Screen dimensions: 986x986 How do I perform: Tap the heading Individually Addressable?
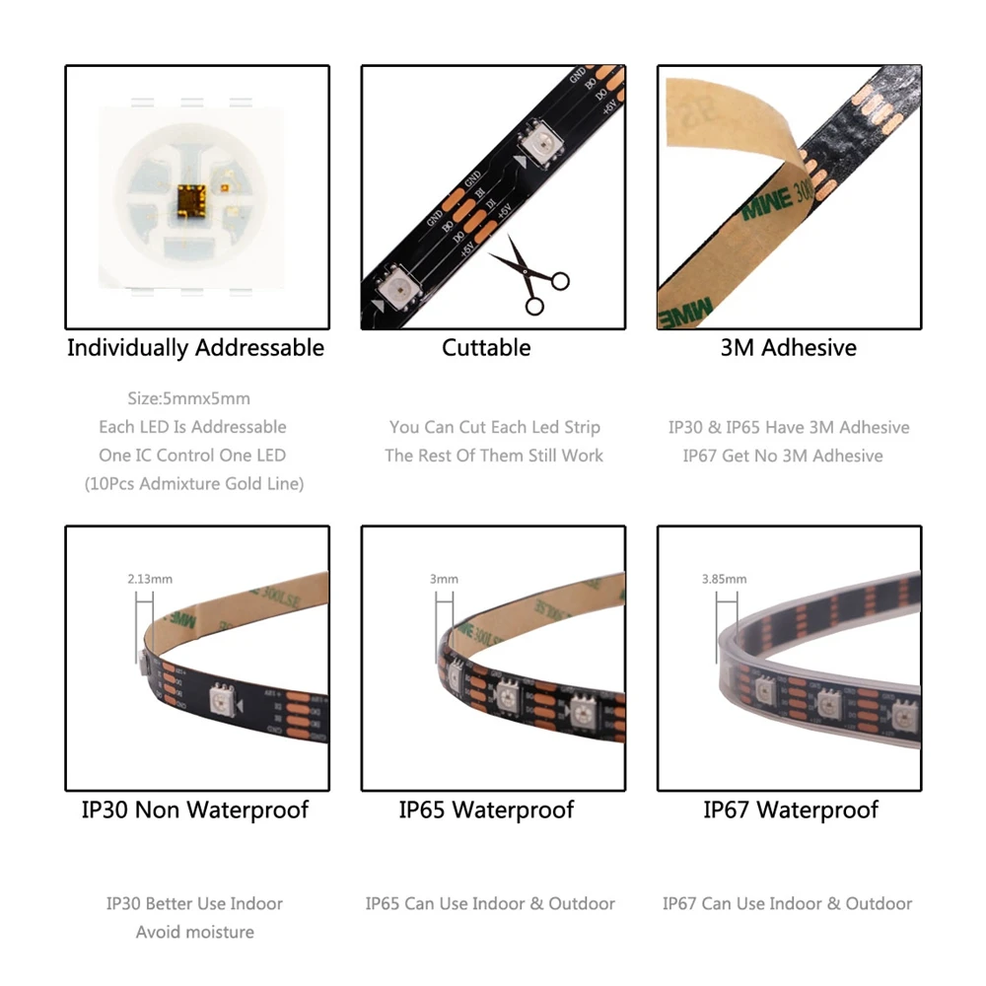tap(195, 348)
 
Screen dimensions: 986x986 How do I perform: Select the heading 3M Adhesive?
tap(789, 348)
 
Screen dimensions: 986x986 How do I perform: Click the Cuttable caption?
tap(486, 348)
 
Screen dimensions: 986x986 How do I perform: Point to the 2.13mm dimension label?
tap(150, 580)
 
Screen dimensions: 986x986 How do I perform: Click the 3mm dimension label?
tap(444, 580)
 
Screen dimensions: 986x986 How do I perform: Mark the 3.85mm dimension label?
tap(724, 580)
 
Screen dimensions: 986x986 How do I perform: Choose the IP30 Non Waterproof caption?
tap(195, 810)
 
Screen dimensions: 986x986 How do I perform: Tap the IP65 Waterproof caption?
tap(486, 810)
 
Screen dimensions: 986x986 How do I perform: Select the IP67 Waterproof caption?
tap(791, 810)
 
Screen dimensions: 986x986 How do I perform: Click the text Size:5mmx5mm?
tap(189, 399)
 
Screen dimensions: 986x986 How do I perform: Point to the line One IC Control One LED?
tap(192, 456)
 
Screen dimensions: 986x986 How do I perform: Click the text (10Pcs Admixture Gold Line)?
tap(193, 484)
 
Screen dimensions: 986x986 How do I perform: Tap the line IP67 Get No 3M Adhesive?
tap(783, 456)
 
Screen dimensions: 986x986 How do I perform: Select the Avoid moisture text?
tap(195, 932)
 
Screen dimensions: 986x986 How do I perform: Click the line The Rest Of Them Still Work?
tap(494, 456)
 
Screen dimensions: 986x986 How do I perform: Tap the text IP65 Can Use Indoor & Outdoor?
tap(490, 903)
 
